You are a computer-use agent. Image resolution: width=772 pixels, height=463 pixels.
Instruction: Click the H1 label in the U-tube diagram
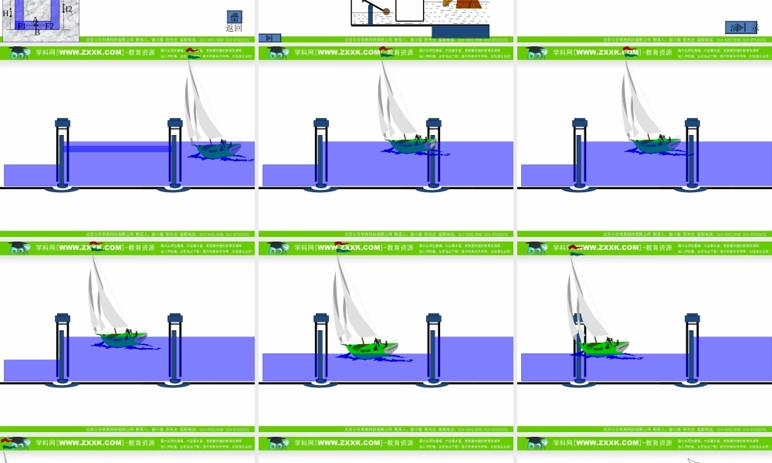coord(7,13)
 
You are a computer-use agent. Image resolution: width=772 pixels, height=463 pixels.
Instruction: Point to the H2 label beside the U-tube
coord(67,8)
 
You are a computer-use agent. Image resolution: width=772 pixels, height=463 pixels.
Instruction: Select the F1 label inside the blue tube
coord(22,25)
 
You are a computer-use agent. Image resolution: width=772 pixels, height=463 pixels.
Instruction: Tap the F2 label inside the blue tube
coord(49,25)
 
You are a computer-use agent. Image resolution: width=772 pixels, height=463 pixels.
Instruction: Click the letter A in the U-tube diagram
coord(36,19)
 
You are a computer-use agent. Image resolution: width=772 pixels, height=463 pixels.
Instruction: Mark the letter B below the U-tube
coord(36,32)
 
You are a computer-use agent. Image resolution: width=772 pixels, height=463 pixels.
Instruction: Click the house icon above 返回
coord(234,16)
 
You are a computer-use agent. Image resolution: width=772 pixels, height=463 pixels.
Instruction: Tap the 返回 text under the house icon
coord(234,28)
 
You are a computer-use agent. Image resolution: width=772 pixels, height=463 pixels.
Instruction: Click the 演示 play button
coord(740,27)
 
